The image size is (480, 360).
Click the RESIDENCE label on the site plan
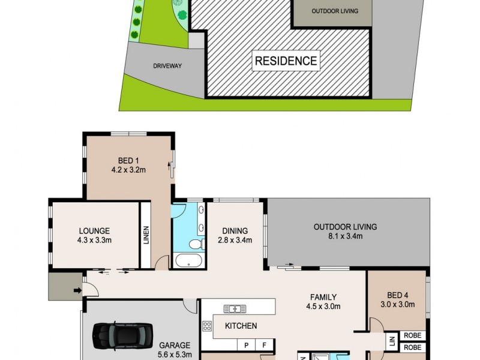(x=286, y=61)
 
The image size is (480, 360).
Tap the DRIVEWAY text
(x=167, y=66)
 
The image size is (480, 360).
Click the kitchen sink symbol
(x=235, y=309)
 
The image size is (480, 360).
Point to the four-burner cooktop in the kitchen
(x=208, y=326)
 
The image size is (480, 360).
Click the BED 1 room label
(x=128, y=160)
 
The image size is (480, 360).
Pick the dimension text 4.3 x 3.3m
(x=94, y=240)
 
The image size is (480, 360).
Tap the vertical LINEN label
(x=145, y=235)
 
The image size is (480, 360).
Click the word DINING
(x=235, y=230)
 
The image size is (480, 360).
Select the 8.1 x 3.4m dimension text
(x=345, y=236)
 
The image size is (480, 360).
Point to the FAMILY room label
(x=323, y=296)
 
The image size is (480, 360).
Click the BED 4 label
(x=397, y=295)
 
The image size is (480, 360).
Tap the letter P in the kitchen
(x=247, y=345)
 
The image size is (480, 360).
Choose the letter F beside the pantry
(x=265, y=345)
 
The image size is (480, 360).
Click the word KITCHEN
(x=241, y=326)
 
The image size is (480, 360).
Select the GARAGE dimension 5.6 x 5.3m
(x=175, y=354)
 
